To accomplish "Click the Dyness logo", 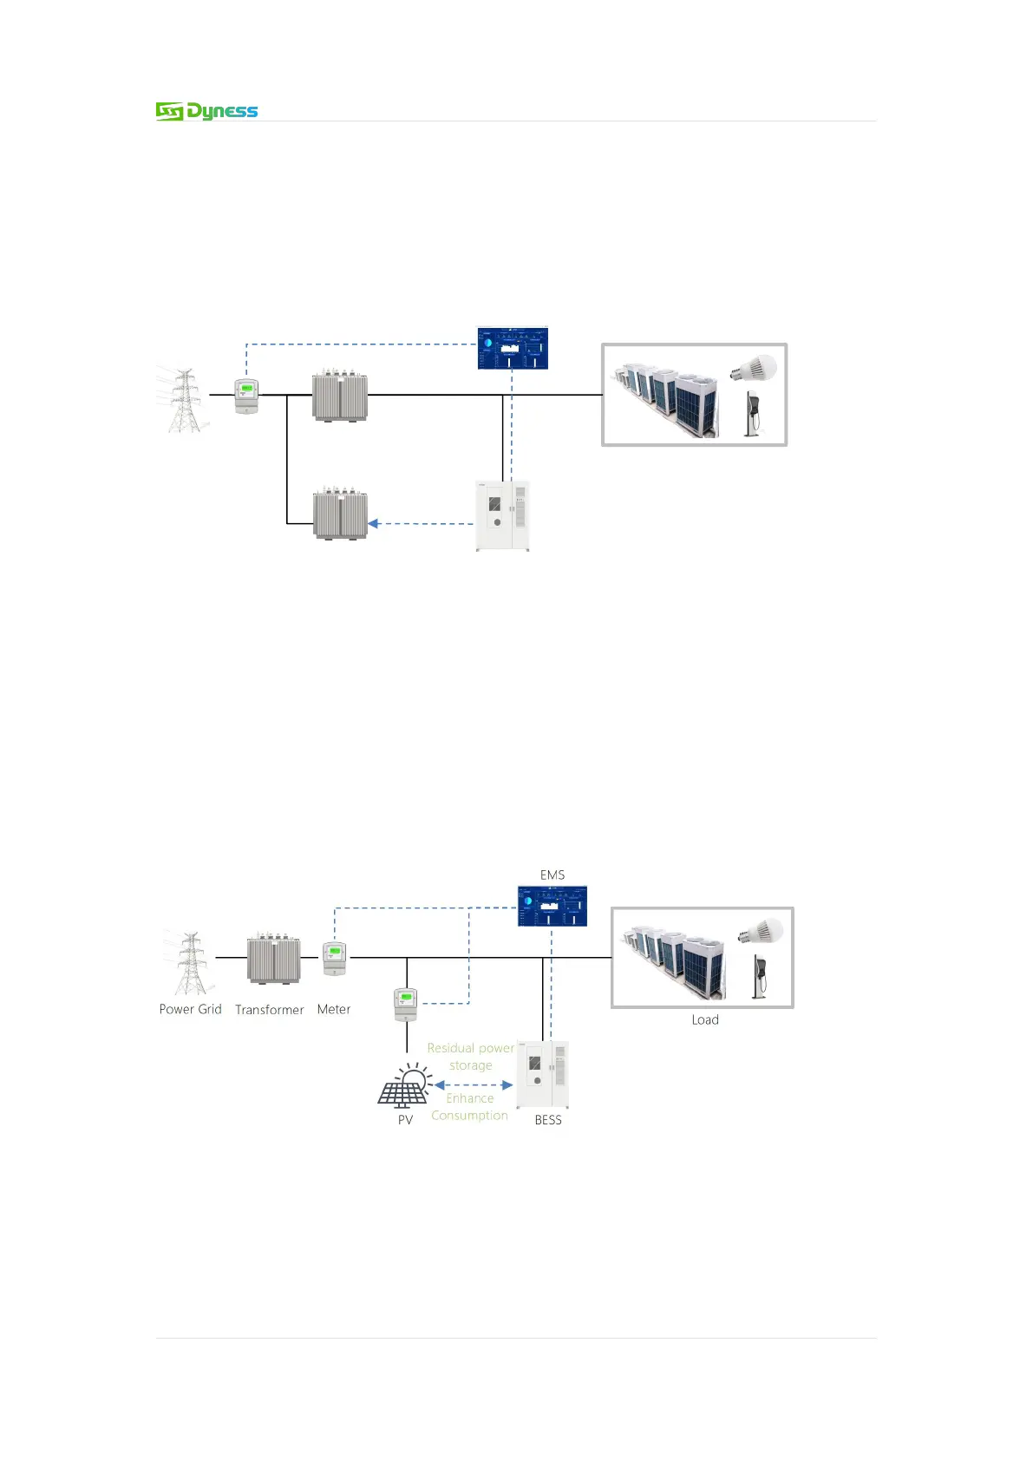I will pos(206,111).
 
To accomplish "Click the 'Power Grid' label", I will pos(190,1009).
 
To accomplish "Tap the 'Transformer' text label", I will pos(269,1010).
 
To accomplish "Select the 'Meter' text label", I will pos(334,1009).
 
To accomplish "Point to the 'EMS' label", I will pos(552,875).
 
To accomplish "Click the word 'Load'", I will pos(705,1019).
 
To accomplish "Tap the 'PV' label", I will pos(405,1120).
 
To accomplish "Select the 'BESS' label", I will pos(548,1120).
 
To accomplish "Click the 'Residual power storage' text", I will pos(470,1057).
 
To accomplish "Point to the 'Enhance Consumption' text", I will pos(469,1107).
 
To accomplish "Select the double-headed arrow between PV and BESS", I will pos(474,1085).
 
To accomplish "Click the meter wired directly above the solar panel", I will pos(405,1004).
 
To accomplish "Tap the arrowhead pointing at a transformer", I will pos(373,524).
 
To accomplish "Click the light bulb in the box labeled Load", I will pos(760,933).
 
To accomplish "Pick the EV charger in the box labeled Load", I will pos(760,977).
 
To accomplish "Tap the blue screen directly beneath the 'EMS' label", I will pos(552,906).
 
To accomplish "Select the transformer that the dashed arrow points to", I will pos(340,514).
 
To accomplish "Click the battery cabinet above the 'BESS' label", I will pos(543,1074).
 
